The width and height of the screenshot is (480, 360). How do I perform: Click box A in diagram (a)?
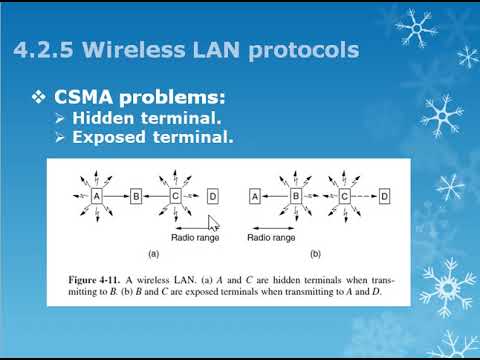point(98,197)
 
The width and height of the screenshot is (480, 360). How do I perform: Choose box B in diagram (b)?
point(296,197)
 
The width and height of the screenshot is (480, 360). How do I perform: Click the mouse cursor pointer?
point(212,224)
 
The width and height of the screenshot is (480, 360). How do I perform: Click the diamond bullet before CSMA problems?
point(38,99)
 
